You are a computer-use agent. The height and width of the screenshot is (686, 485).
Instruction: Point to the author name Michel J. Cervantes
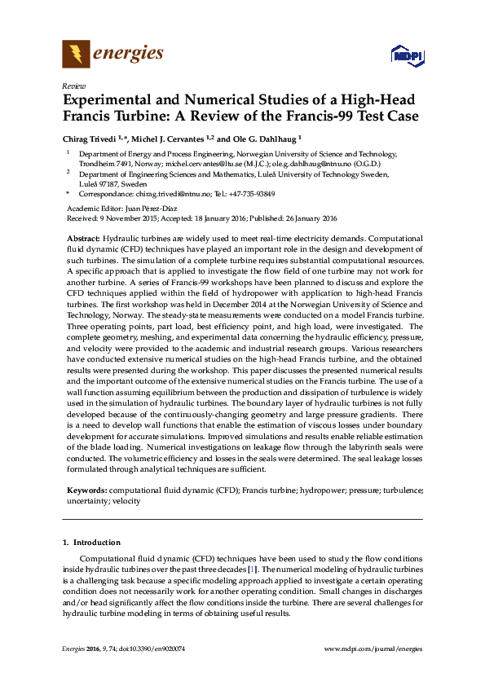point(179,139)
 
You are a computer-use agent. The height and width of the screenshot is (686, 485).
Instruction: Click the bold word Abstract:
point(84,236)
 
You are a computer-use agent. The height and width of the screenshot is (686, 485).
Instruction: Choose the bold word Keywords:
point(86,491)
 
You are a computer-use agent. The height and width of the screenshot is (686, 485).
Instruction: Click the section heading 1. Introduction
point(92,542)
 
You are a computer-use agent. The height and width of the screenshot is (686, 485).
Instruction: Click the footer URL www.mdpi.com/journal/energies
point(373,649)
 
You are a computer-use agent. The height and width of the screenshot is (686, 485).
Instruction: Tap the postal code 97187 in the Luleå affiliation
point(112,184)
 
